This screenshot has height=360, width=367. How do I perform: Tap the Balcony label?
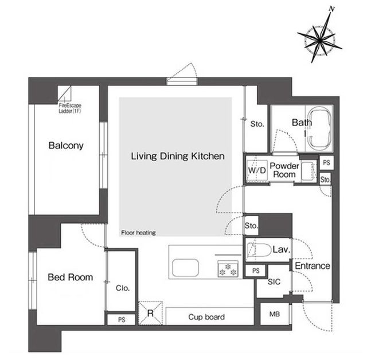[x=65, y=146]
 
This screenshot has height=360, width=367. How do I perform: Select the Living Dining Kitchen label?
[x=177, y=156]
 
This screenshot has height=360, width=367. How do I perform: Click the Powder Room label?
[x=284, y=170]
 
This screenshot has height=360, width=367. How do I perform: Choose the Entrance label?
[x=312, y=266]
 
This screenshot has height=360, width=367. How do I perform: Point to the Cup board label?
[x=206, y=316]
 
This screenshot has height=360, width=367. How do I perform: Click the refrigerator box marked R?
[x=150, y=312]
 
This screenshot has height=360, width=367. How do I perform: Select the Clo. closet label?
[x=122, y=288]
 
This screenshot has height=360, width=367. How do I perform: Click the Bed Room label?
[x=70, y=277]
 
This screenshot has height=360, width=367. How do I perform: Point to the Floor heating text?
[x=138, y=233]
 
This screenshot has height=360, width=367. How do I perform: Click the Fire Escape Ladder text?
[x=71, y=108]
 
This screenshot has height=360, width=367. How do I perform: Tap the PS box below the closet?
[x=121, y=319]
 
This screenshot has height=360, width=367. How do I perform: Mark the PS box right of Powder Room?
[x=326, y=163]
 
